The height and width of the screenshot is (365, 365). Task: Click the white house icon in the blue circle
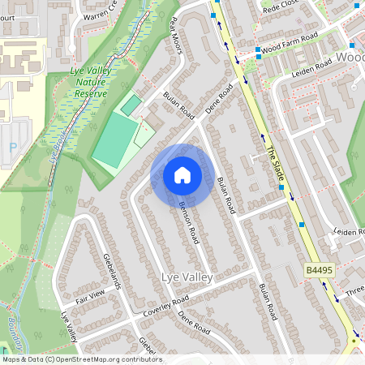point(182,174)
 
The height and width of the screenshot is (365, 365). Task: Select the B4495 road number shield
point(320,269)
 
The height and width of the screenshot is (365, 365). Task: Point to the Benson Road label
point(189,221)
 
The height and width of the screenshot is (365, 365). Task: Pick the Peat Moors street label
point(174,36)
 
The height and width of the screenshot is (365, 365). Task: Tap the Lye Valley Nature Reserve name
point(88,82)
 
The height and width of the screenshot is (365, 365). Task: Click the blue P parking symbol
point(11,147)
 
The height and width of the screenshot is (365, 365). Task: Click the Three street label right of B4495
point(354,291)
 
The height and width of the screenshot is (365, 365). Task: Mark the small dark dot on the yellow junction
point(354,341)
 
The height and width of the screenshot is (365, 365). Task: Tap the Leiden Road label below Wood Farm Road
point(311,64)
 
